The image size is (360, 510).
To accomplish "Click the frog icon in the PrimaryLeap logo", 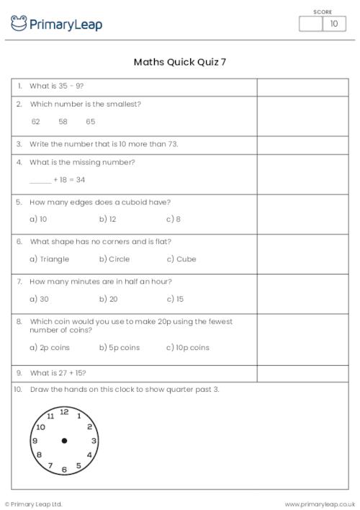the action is [x=19, y=23].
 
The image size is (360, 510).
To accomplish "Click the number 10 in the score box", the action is [x=333, y=24].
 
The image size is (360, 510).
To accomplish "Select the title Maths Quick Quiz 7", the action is [x=179, y=62].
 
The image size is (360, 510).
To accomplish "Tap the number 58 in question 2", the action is [x=63, y=122].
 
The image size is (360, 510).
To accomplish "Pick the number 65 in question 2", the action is [x=90, y=122].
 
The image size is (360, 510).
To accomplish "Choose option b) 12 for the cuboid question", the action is [x=108, y=219].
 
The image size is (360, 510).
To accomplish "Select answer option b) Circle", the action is [x=114, y=259].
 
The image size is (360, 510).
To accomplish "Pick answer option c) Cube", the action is [x=181, y=259].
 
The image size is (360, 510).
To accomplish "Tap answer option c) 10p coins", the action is [x=188, y=347].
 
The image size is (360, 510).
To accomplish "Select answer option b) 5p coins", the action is [x=120, y=347].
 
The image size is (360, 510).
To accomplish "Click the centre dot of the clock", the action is [x=64, y=441].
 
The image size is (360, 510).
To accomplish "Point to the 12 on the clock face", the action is [x=64, y=411].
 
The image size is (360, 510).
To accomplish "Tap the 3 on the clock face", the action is [x=94, y=441].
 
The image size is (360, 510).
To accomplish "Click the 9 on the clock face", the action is [x=35, y=441].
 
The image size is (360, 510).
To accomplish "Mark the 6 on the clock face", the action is [x=64, y=470].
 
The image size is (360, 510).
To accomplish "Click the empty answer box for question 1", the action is [x=302, y=86].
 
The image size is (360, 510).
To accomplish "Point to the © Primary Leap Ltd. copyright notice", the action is [x=34, y=504].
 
